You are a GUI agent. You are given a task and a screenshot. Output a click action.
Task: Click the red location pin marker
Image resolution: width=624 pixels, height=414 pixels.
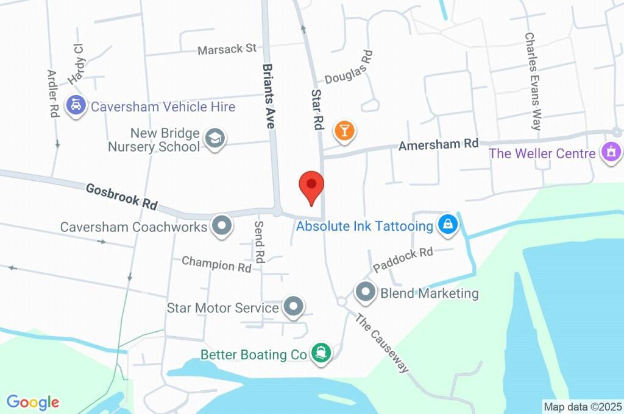311,186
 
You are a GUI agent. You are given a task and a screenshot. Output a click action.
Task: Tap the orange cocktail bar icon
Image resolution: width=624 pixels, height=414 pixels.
344,130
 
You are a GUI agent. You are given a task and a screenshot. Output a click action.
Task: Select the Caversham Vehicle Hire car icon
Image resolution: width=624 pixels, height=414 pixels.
76,107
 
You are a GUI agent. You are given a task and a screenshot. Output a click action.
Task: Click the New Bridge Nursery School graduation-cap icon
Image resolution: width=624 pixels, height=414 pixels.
214,139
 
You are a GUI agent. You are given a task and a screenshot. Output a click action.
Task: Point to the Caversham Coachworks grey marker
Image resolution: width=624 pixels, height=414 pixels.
221,226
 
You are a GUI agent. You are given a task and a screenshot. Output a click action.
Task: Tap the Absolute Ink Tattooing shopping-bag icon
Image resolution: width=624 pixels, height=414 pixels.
448,225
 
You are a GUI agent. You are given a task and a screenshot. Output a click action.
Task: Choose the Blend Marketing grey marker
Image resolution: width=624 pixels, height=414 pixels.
366,293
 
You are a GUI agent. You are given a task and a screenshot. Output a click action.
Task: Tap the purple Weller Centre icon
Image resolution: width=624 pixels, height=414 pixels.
610,152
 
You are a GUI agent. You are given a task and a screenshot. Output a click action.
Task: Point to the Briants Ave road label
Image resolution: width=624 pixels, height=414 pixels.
267,96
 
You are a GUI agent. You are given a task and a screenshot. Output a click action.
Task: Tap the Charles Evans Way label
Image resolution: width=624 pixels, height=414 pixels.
532,81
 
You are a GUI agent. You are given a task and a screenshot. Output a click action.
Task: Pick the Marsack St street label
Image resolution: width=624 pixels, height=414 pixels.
227,49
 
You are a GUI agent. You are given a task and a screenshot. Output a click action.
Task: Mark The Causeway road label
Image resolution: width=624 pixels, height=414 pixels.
381,343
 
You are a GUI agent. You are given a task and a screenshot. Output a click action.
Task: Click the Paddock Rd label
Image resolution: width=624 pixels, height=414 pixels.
403,259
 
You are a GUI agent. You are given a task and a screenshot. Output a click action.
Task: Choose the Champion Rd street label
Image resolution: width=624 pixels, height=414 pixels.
217,265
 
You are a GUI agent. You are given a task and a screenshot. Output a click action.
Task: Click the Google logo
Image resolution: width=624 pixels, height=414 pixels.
33,402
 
